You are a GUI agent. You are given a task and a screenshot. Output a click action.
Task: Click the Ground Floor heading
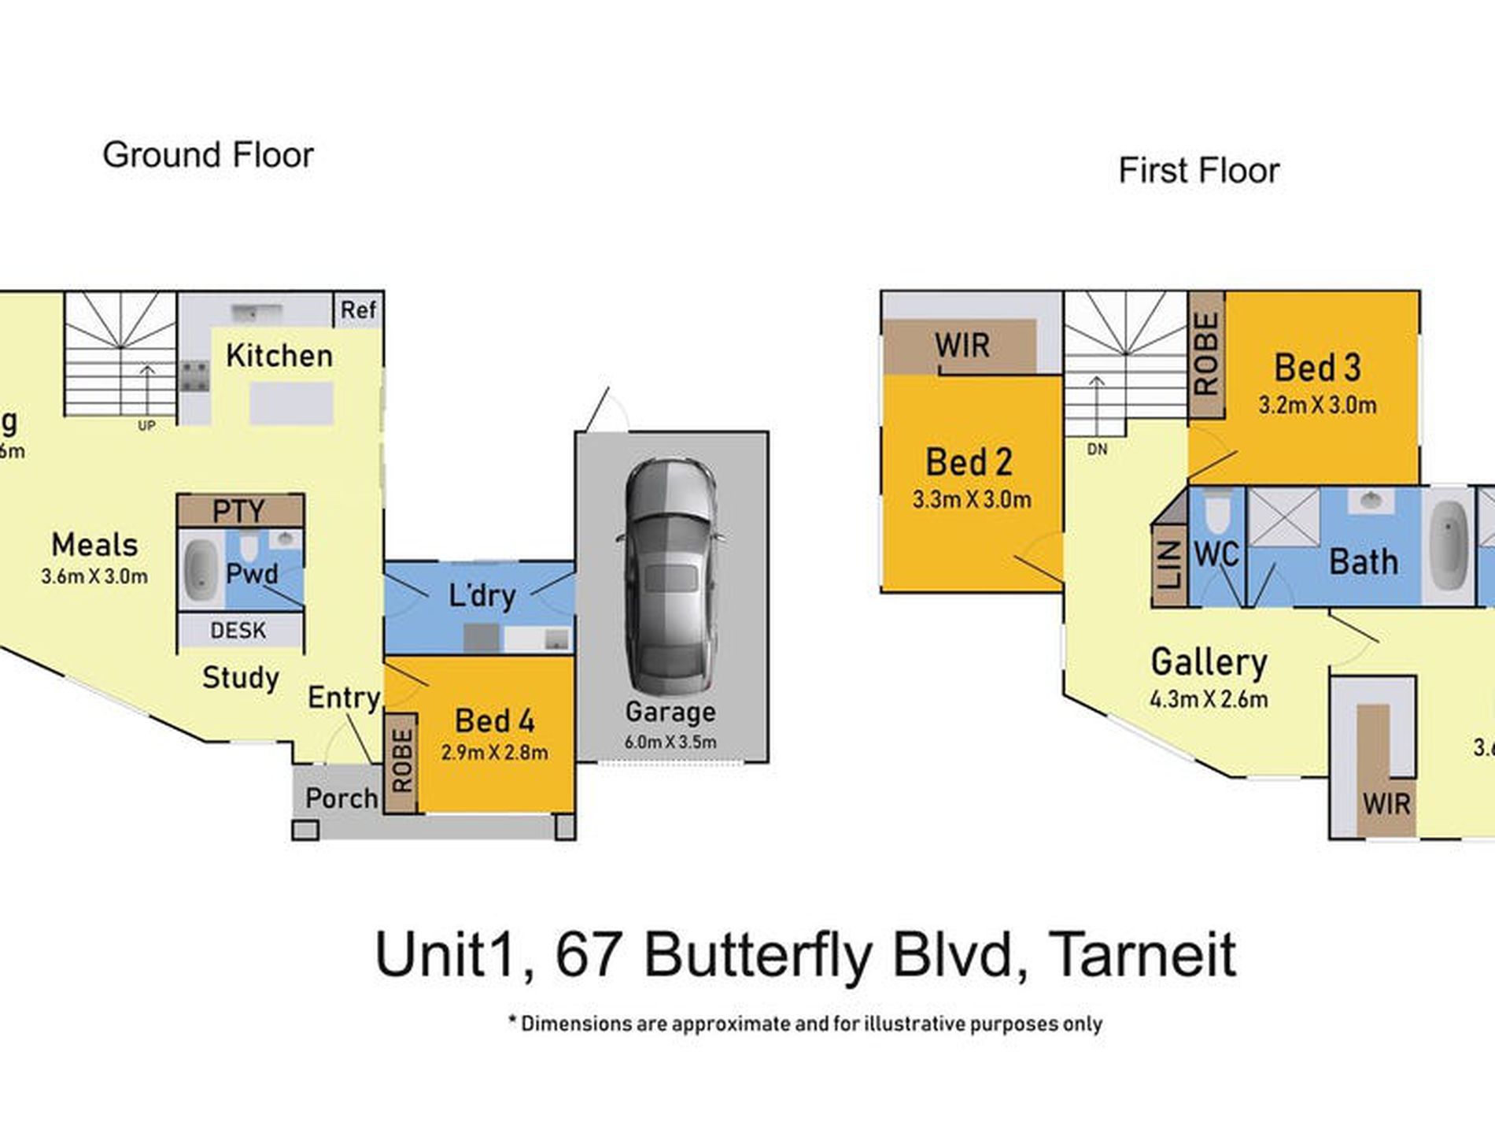[x=208, y=155]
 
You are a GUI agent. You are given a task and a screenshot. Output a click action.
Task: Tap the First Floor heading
[x=1198, y=171]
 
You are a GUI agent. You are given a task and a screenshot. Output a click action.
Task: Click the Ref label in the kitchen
[x=358, y=310]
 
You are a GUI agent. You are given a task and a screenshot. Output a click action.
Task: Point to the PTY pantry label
[x=238, y=512]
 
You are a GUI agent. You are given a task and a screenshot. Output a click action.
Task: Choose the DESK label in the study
[x=238, y=630]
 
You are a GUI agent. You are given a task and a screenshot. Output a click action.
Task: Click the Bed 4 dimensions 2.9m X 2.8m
[x=494, y=753]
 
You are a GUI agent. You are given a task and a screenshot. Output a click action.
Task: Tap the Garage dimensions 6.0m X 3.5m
[x=670, y=742]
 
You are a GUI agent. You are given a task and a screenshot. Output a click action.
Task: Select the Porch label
[x=341, y=798]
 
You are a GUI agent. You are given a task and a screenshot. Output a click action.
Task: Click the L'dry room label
[x=482, y=595]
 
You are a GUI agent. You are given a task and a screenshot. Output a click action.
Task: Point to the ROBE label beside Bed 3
[x=1206, y=353]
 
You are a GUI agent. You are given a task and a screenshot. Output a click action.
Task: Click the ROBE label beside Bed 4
[x=401, y=761]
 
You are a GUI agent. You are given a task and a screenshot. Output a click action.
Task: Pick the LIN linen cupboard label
[x=1170, y=565]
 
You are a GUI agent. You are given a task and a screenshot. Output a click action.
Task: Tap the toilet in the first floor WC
[x=1217, y=510]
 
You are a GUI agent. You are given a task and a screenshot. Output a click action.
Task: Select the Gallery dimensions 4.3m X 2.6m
[x=1209, y=699]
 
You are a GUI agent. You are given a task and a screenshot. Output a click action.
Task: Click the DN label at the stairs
[x=1097, y=450]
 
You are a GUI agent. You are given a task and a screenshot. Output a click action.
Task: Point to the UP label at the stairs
[x=146, y=426]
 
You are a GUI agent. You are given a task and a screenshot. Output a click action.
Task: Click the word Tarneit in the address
[x=1142, y=955]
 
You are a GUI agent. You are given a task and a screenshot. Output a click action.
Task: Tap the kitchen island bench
[x=291, y=403]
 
